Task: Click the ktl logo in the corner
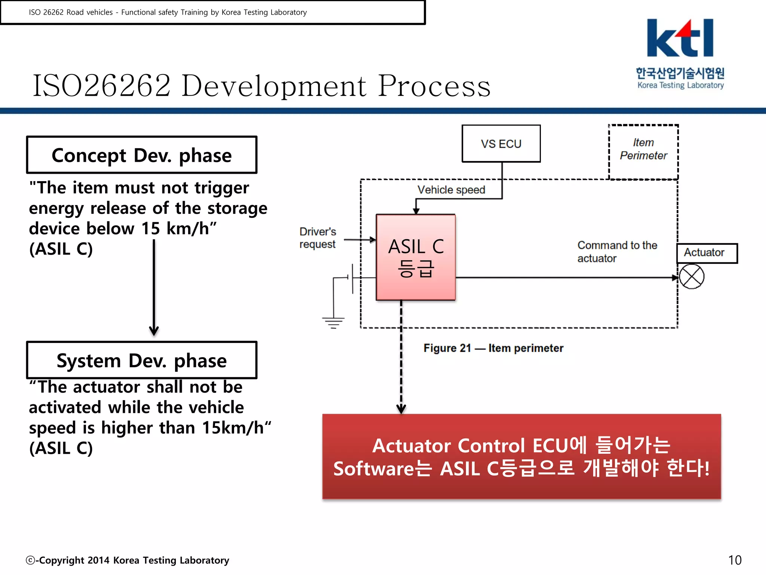tap(680, 52)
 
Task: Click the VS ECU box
tap(501, 144)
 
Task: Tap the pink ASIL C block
tap(416, 258)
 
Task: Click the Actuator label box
tap(706, 253)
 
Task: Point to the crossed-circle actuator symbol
tap(691, 277)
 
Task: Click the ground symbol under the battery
tap(333, 322)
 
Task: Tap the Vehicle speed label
tap(451, 190)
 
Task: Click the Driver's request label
tap(318, 238)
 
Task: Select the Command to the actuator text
tap(617, 252)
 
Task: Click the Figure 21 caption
tap(493, 348)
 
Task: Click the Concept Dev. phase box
tap(141, 155)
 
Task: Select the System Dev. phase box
tap(141, 360)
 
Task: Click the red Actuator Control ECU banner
tap(521, 457)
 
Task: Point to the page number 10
tap(734, 560)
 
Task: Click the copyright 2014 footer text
tap(128, 560)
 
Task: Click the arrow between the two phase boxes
tap(154, 288)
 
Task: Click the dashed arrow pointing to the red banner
tap(401, 359)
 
